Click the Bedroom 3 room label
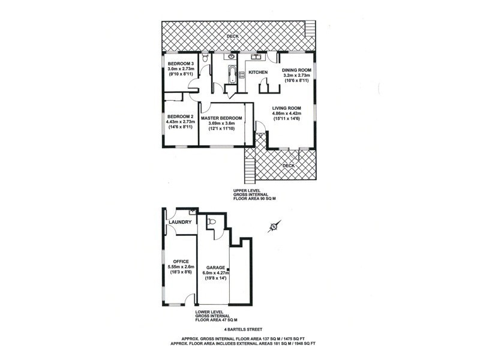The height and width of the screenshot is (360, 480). (180, 64)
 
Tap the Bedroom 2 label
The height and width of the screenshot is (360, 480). (180, 116)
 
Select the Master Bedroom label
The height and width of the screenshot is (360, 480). (221, 118)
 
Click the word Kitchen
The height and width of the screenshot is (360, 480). (258, 73)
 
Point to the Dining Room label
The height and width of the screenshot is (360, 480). (295, 70)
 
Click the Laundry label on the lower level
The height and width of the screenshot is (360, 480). (180, 223)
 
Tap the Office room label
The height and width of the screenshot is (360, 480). (181, 262)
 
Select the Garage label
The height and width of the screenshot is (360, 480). (215, 268)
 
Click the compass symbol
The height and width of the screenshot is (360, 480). (273, 226)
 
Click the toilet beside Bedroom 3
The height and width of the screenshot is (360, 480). (205, 58)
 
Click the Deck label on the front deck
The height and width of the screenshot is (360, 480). (289, 164)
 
